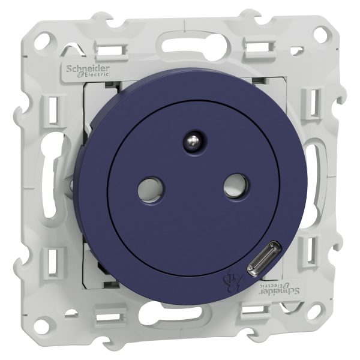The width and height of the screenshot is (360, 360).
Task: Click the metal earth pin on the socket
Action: coord(194,140)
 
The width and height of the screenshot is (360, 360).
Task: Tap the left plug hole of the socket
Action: coord(151,190)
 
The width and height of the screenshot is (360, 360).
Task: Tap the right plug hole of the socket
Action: coord(236,185)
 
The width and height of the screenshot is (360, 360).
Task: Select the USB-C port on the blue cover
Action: coord(264,259)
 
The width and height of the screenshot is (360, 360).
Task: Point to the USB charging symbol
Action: coord(234,281)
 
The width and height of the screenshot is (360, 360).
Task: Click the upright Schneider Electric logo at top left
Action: coord(88,71)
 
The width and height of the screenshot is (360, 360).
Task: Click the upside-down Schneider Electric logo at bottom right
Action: coord(280,288)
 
